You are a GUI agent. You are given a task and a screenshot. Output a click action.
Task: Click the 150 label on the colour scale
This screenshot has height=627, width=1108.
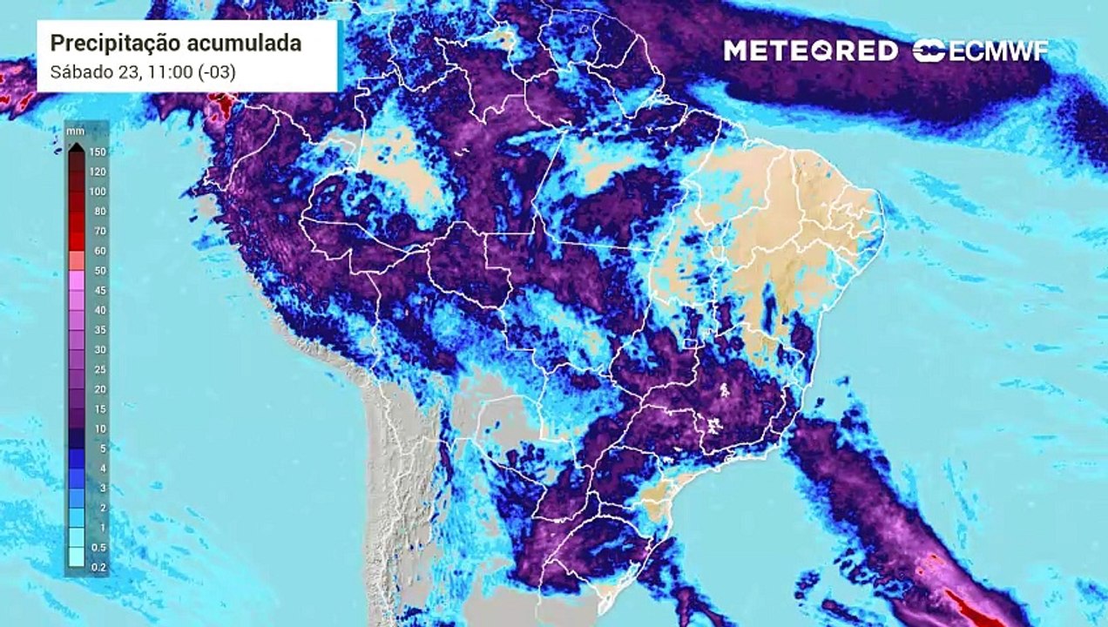click(x=97, y=152)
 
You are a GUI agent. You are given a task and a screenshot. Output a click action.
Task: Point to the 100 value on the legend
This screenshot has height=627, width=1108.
click(x=97, y=192)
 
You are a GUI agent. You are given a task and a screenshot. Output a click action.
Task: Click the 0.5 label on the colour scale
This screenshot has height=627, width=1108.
click(x=98, y=547)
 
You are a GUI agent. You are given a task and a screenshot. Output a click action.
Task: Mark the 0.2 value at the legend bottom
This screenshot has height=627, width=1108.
click(x=98, y=567)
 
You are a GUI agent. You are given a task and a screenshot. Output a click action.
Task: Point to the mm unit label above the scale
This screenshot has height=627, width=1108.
click(x=75, y=131)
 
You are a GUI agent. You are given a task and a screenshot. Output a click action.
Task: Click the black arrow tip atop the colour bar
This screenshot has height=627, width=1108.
click(x=76, y=146)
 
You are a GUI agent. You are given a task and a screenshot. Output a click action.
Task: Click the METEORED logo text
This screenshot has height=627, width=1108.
click(x=810, y=51)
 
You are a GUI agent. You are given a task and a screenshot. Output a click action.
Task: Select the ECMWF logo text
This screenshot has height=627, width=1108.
click(x=998, y=51)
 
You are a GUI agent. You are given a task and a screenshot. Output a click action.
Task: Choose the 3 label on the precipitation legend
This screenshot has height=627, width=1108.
click(x=101, y=488)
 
